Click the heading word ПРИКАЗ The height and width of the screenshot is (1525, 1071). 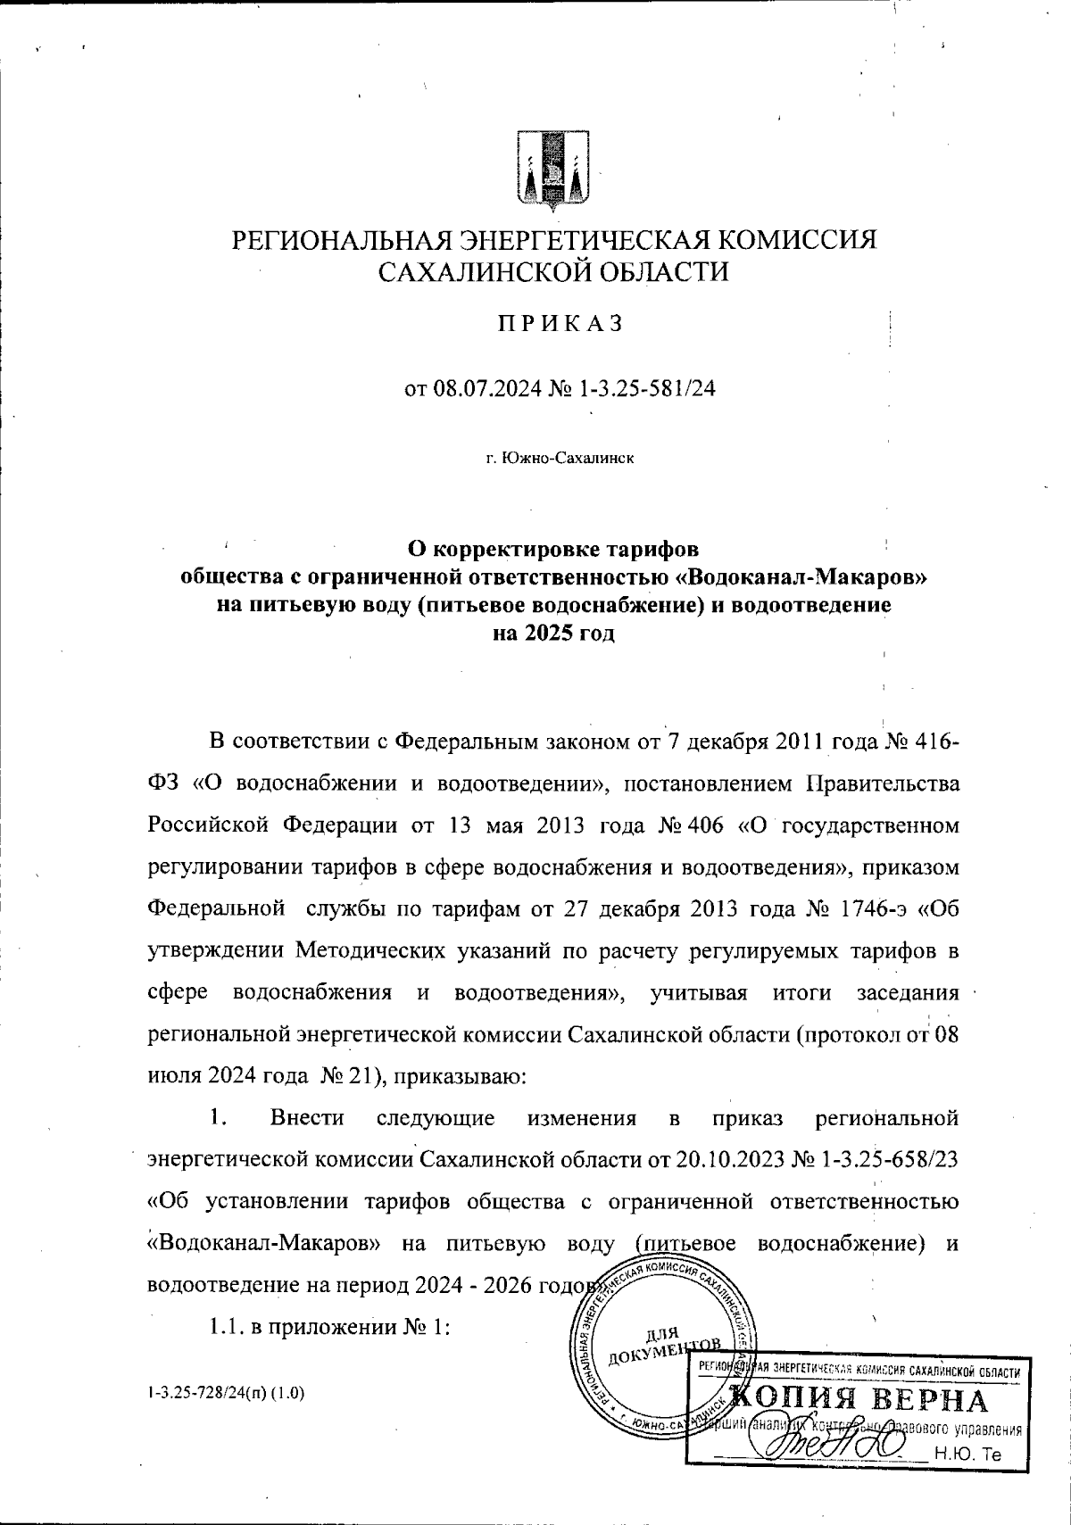(x=559, y=324)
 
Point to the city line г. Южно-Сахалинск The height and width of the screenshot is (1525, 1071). (x=560, y=459)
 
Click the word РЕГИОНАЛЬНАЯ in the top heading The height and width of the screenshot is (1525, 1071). (x=343, y=239)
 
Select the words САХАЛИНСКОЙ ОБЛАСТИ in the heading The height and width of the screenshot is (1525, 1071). (x=554, y=270)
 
